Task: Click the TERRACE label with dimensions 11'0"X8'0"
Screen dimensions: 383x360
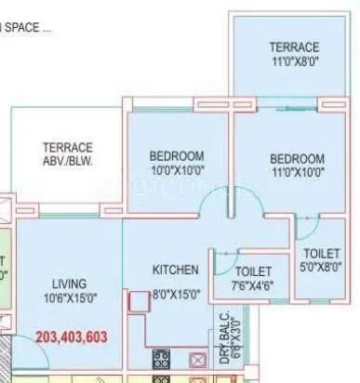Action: [x=294, y=47]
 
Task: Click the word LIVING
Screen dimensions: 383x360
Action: [x=70, y=283]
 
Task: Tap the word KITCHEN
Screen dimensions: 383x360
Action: [x=176, y=271]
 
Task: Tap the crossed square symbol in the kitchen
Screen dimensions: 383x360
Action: [x=198, y=359]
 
